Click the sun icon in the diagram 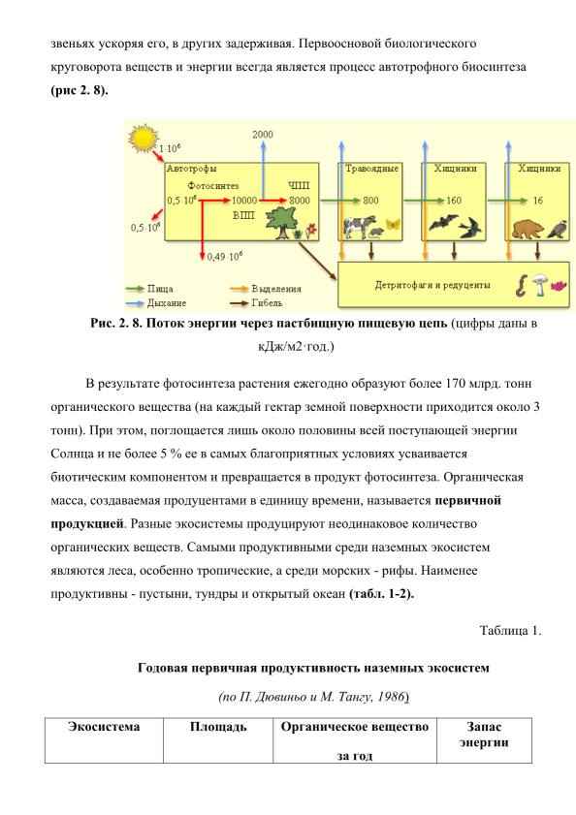point(144,138)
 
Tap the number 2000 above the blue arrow point(262,134)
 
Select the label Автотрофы point(191,169)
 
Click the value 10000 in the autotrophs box point(244,200)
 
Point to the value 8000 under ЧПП point(300,200)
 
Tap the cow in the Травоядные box point(360,227)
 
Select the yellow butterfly point(393,225)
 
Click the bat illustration point(442,223)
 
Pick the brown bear point(528,229)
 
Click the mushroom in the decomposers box point(541,284)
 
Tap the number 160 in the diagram point(454,200)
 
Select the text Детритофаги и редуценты point(432,285)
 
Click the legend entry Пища point(160,289)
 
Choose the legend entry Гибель point(267,302)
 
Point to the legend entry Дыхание point(167,302)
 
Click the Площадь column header point(218,727)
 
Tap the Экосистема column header point(104,726)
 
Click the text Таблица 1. point(510,631)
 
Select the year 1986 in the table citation point(392,697)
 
